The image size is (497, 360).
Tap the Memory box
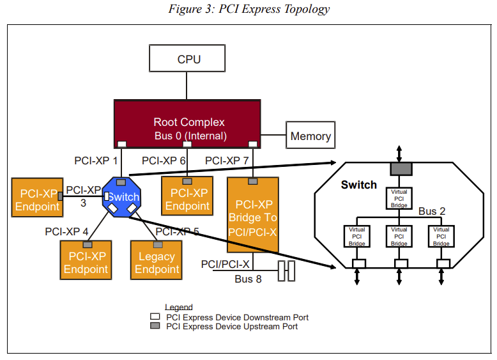click(x=310, y=136)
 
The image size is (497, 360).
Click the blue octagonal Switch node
click(x=123, y=198)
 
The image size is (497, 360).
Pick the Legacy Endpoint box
click(x=157, y=260)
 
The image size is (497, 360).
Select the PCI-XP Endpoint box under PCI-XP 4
click(x=86, y=260)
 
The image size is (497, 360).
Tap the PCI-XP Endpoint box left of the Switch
click(x=37, y=199)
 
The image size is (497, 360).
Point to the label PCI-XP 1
click(x=96, y=160)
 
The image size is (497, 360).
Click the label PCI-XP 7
click(x=226, y=160)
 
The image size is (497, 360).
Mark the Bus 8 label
click(x=248, y=279)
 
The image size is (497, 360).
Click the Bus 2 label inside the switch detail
click(x=432, y=211)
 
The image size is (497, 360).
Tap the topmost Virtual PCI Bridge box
click(x=399, y=198)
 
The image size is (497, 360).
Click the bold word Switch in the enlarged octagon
click(x=358, y=185)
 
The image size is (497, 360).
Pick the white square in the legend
click(x=155, y=317)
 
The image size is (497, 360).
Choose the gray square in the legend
click(x=155, y=326)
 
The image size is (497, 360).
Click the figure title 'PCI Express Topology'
click(x=249, y=9)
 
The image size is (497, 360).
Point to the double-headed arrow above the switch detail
click(x=399, y=153)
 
